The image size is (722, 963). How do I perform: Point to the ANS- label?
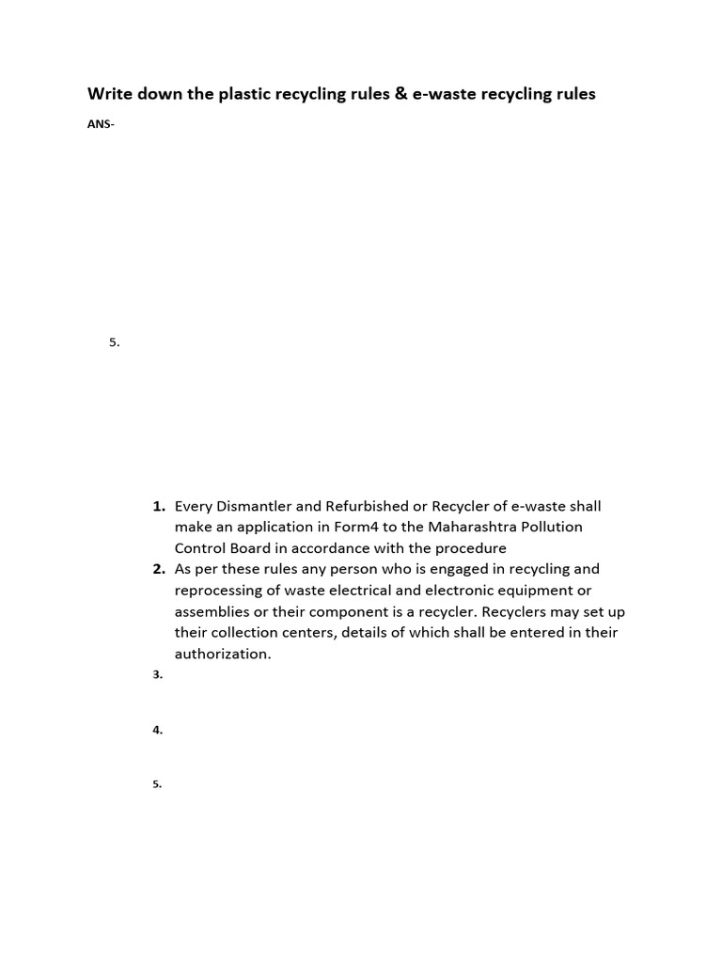(x=101, y=125)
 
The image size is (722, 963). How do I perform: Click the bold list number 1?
(x=159, y=506)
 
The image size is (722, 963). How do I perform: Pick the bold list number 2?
(x=159, y=569)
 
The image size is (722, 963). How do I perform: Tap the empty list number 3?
(x=157, y=674)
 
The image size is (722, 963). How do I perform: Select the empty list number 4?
(x=157, y=730)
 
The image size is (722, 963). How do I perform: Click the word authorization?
(x=222, y=654)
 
